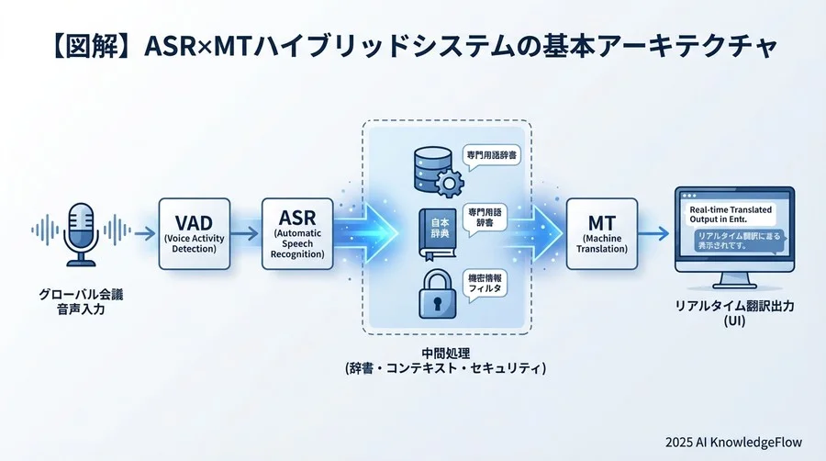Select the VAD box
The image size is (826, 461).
click(x=194, y=233)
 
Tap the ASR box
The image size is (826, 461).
click(x=297, y=233)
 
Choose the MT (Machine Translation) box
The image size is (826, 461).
click(x=601, y=233)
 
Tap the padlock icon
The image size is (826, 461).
click(x=430, y=294)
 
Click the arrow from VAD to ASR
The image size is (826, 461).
click(x=244, y=234)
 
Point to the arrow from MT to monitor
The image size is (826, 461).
click(x=654, y=234)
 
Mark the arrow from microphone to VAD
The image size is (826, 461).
click(x=142, y=234)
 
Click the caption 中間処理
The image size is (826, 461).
click(x=446, y=352)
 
